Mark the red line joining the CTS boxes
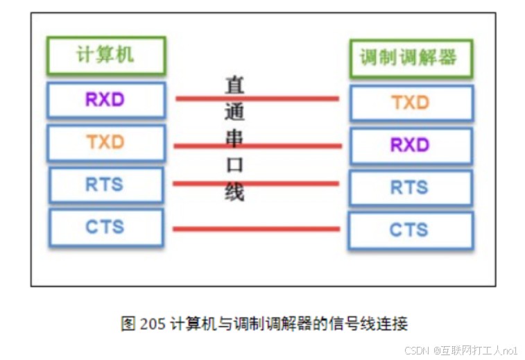point(257,229)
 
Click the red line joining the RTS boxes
point(256,184)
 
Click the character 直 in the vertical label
point(234,86)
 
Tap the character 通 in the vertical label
point(234,112)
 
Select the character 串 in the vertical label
point(234,138)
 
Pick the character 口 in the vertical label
point(234,165)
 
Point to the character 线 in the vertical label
point(234,192)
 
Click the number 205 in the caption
point(153,324)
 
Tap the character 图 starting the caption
point(128,324)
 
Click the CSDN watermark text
point(417,350)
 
